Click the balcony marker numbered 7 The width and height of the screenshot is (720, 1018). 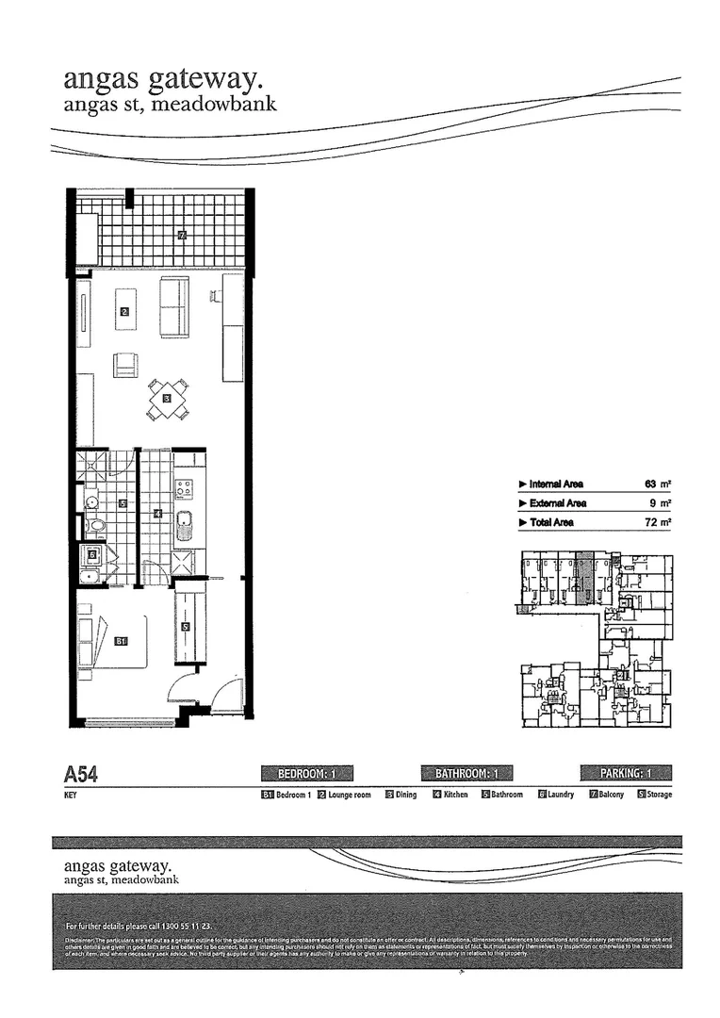tap(181, 235)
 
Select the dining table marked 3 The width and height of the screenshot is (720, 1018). tap(167, 399)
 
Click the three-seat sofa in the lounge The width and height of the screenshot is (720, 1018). tap(173, 306)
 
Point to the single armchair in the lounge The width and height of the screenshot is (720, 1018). tap(125, 365)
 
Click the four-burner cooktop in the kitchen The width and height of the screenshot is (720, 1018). tap(184, 488)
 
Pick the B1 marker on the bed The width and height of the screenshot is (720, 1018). tap(121, 641)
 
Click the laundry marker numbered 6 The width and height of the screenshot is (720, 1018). tap(92, 555)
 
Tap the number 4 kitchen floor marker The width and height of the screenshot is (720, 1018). tap(157, 514)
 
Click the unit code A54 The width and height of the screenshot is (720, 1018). tap(80, 775)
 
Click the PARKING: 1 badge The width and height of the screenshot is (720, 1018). tap(625, 774)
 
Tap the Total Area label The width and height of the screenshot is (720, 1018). tap(551, 522)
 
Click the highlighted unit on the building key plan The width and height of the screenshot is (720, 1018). tap(584, 577)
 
